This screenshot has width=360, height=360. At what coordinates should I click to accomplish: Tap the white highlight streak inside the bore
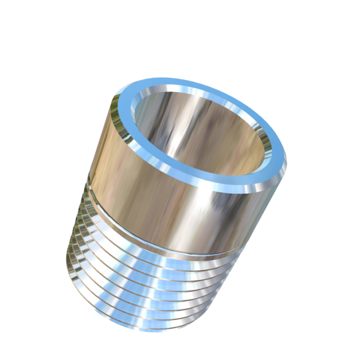point(179,133)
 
